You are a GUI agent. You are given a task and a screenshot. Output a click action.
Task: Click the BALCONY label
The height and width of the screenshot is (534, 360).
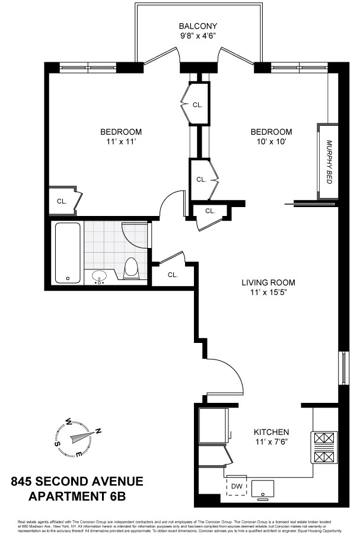tap(198, 26)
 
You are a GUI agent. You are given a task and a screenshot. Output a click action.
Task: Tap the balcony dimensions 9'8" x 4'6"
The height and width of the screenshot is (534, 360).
tap(198, 36)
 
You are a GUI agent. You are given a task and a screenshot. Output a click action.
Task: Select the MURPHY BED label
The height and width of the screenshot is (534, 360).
tap(330, 161)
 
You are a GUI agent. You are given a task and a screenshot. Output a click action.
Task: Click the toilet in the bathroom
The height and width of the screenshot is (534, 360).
tap(131, 268)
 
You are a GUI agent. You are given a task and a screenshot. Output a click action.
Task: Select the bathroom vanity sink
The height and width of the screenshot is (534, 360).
tap(99, 276)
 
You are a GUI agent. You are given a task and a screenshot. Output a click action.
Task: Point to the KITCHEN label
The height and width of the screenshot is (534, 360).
tap(272, 432)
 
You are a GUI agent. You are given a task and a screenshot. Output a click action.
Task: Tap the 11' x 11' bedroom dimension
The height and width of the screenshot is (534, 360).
tap(121, 141)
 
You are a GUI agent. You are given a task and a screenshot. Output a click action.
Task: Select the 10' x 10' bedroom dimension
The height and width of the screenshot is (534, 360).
tap(271, 141)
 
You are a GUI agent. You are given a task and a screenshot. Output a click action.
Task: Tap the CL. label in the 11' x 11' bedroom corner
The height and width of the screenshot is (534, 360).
tap(62, 201)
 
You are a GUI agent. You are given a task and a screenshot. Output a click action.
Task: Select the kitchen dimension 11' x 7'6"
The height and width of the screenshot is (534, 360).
tap(272, 441)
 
